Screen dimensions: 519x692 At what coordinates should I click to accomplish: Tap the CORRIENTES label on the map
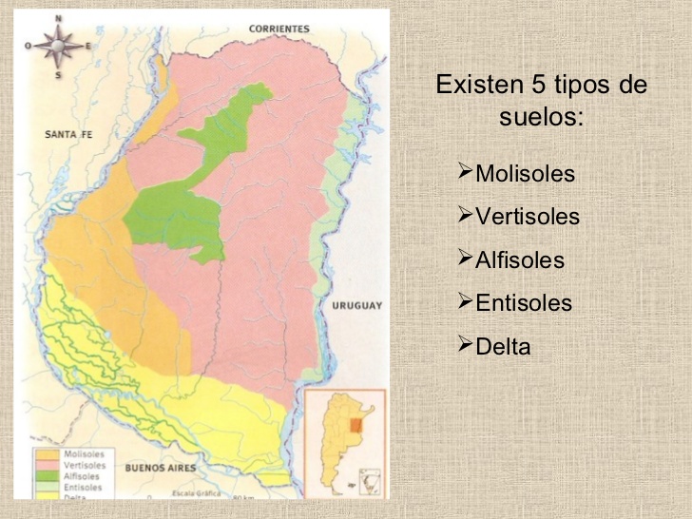coord(279,29)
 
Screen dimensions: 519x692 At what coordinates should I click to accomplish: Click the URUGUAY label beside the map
coord(356,305)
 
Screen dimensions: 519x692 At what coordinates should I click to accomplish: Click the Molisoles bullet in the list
coord(525,174)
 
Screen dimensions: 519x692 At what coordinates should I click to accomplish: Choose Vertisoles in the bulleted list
coord(527,217)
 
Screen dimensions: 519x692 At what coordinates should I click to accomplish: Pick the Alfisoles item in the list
coord(519,259)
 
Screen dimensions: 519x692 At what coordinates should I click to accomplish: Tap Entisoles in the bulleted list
coord(523,302)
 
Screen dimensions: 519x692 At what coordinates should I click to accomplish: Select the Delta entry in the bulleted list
coord(503,345)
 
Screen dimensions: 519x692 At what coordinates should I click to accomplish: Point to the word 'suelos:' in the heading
coord(541,119)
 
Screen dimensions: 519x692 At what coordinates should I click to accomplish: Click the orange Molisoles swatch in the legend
coord(45,454)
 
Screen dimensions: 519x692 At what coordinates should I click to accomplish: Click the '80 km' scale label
coord(244,497)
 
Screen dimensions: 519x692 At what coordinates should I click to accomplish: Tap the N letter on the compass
coord(59,17)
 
